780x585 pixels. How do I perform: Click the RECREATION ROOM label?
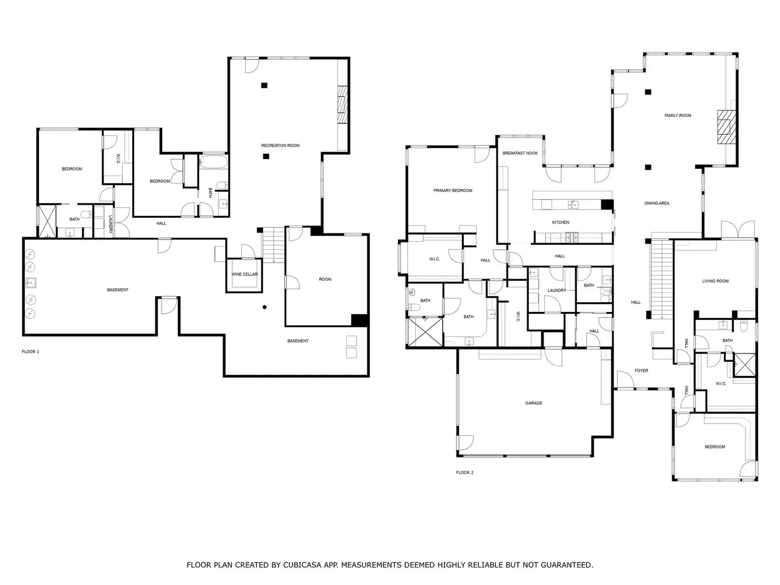point(280,145)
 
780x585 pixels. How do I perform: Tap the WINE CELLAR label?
point(244,274)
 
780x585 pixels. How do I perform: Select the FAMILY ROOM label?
point(678,115)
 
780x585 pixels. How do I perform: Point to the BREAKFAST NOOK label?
point(520,153)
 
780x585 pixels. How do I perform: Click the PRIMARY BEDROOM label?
point(453,190)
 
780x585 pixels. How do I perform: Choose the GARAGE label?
point(533,403)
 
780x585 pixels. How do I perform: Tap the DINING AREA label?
point(657,203)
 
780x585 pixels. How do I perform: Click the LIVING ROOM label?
point(715,281)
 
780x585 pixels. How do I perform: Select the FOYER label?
point(642,370)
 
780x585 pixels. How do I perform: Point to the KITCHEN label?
point(561,222)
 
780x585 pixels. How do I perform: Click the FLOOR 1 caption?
point(30,352)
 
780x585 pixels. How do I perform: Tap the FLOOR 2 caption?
point(465,472)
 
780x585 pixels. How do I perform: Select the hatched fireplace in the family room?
point(726,127)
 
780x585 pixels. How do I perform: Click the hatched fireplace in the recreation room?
point(342,104)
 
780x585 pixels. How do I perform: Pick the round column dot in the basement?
point(264,307)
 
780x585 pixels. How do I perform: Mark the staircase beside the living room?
point(662,279)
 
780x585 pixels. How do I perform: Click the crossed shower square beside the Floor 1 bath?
point(48,221)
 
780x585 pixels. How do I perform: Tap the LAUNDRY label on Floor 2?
point(556,290)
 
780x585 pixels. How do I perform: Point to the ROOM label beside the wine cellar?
point(325,279)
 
